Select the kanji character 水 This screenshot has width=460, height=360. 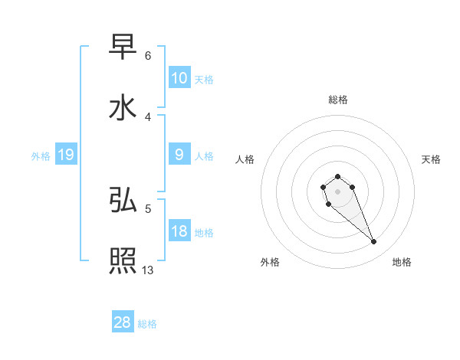[x=123, y=108]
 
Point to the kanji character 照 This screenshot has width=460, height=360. [x=123, y=261]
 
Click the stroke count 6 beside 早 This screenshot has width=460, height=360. [x=148, y=56]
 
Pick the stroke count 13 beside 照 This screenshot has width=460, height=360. [x=148, y=270]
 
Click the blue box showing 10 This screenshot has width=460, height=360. [x=179, y=78]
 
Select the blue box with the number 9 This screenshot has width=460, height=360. [x=179, y=155]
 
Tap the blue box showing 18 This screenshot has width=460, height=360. [x=179, y=231]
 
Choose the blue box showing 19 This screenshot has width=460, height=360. [x=66, y=155]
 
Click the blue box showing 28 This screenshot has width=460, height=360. [x=123, y=322]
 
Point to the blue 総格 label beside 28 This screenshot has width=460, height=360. [x=147, y=324]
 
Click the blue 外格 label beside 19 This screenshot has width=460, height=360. [x=41, y=155]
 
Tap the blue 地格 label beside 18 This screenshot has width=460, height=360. [x=204, y=232]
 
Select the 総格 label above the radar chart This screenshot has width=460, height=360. [x=338, y=100]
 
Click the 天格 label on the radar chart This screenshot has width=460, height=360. [x=431, y=159]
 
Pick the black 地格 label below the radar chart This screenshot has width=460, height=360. [x=402, y=262]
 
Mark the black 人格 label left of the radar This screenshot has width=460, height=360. [x=245, y=159]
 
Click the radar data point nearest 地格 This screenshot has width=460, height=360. [x=374, y=242]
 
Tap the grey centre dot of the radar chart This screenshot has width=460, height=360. [x=338, y=191]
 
